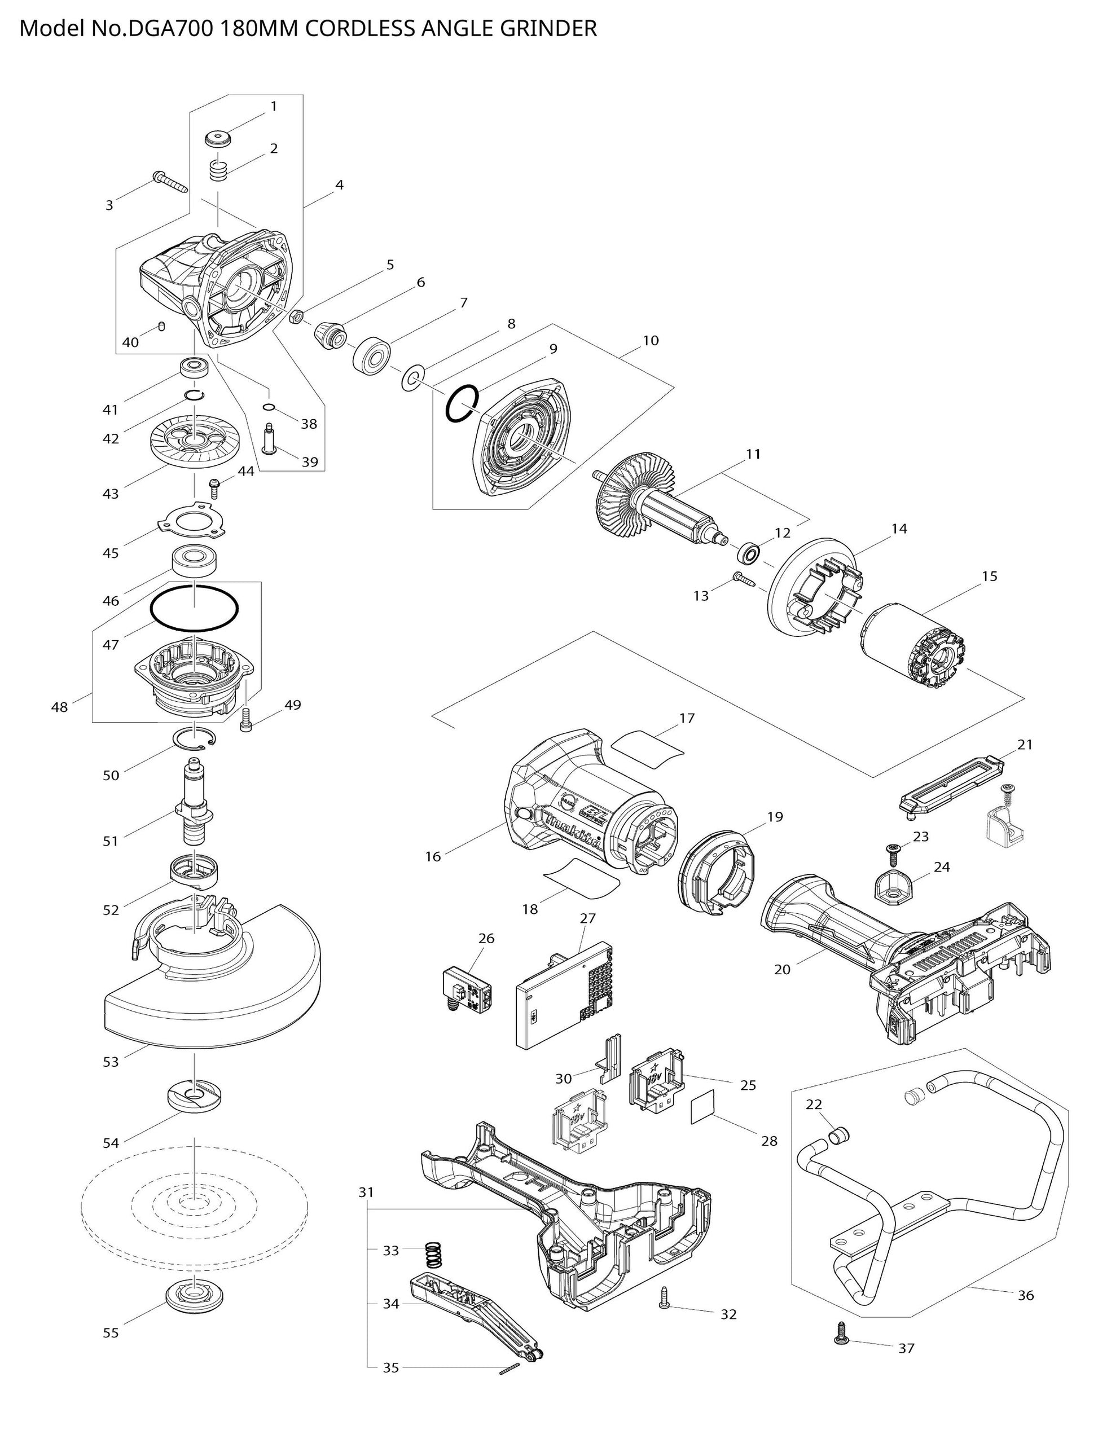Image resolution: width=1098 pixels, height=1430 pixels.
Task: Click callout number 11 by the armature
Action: (x=754, y=454)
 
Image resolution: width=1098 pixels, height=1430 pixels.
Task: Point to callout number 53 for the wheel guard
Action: (x=111, y=1062)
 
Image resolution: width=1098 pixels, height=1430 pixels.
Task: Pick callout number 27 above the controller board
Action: (x=587, y=918)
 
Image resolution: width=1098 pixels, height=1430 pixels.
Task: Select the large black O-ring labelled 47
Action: (x=194, y=608)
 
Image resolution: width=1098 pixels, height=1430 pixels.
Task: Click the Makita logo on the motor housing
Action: (x=573, y=830)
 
